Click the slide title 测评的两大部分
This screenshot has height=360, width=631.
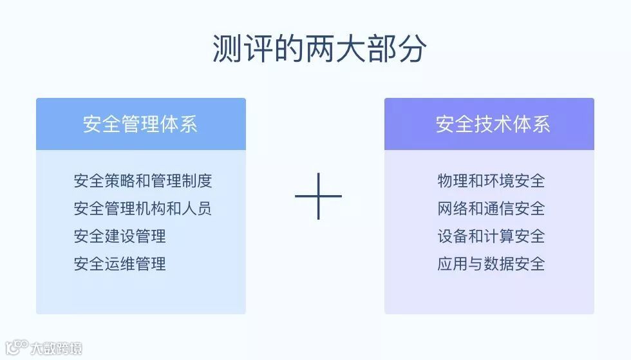[319, 49]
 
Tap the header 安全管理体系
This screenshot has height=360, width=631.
[140, 124]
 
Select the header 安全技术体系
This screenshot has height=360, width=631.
[493, 124]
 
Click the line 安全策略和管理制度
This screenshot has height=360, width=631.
[142, 181]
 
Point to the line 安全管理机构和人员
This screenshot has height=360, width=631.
[142, 209]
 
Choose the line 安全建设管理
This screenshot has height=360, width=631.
[120, 236]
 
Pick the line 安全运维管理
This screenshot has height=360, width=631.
[120, 264]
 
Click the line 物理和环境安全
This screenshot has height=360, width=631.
[491, 181]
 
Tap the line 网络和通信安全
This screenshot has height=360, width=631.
[491, 209]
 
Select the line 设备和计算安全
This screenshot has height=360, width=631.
[491, 236]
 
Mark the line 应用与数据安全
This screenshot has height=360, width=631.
[491, 264]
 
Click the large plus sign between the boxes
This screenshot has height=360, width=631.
[318, 196]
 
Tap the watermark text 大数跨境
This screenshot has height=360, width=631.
[57, 349]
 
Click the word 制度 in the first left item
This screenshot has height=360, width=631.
[196, 181]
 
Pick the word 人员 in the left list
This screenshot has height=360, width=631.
[196, 209]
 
